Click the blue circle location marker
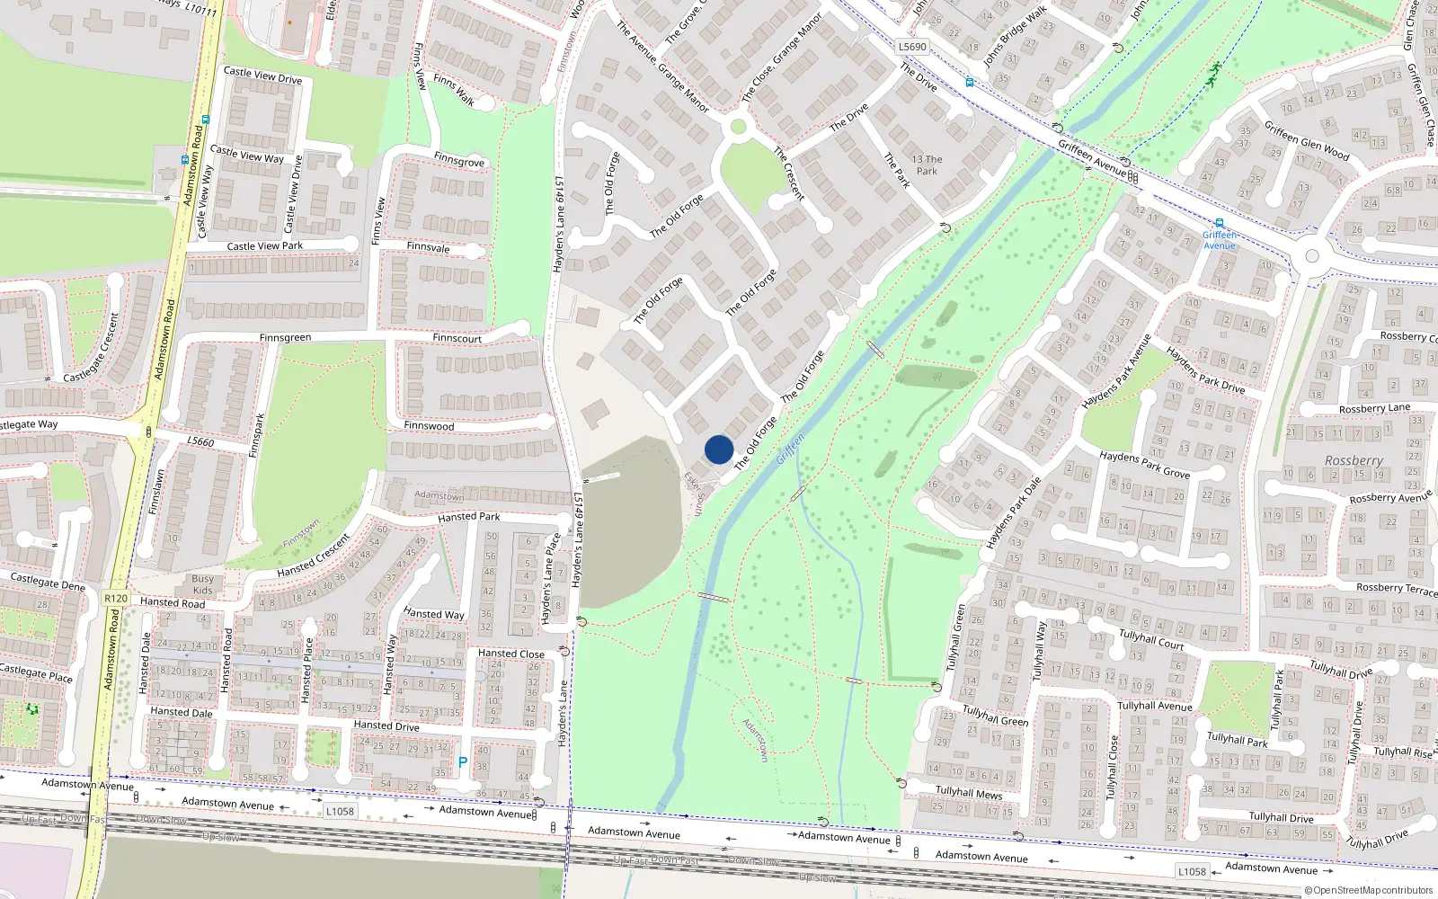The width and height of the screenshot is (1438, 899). tap(719, 449)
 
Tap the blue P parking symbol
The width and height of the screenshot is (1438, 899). tap(463, 762)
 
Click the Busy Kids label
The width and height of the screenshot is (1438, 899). tap(202, 584)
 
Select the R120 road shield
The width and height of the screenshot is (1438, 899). tap(116, 598)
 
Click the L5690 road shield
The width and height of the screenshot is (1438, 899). tap(911, 47)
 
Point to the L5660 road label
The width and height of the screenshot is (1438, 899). tap(200, 441)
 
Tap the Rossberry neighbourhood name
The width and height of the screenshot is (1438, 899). tap(1354, 460)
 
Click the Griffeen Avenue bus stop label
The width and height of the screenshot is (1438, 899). tap(1220, 240)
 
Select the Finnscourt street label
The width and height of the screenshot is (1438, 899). tap(457, 339)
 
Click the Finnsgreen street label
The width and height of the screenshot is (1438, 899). tap(285, 338)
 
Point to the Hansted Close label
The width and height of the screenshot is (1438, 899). tap(510, 654)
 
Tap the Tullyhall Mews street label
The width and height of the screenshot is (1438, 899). tap(968, 792)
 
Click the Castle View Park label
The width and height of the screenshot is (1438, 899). tap(264, 245)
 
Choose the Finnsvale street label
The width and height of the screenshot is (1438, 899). tap(428, 247)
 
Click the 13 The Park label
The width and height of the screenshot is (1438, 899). tap(927, 165)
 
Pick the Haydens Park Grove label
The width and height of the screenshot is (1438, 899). tap(1144, 465)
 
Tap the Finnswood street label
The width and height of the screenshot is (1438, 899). tap(429, 426)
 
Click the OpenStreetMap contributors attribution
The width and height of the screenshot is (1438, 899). tap(1368, 890)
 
